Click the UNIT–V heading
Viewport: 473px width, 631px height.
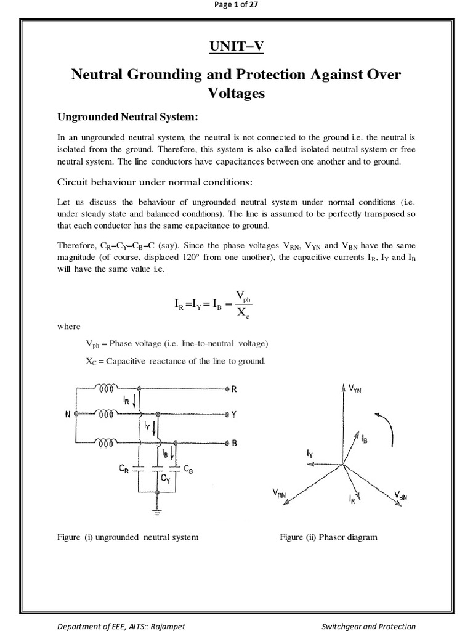[x=236, y=46]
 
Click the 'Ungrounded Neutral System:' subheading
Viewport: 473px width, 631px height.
[x=127, y=117]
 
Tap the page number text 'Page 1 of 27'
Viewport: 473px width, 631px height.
[x=236, y=6]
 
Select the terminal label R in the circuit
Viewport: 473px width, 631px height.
[x=234, y=389]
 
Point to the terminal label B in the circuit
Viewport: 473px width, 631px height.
[x=234, y=442]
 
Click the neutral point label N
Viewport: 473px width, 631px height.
[x=67, y=415]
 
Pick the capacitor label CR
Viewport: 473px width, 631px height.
[x=124, y=470]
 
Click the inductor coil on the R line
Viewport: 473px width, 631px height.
[x=107, y=388]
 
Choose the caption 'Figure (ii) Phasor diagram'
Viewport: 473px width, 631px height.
[x=328, y=537]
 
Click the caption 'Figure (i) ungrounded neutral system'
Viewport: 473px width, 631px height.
[x=127, y=537]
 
